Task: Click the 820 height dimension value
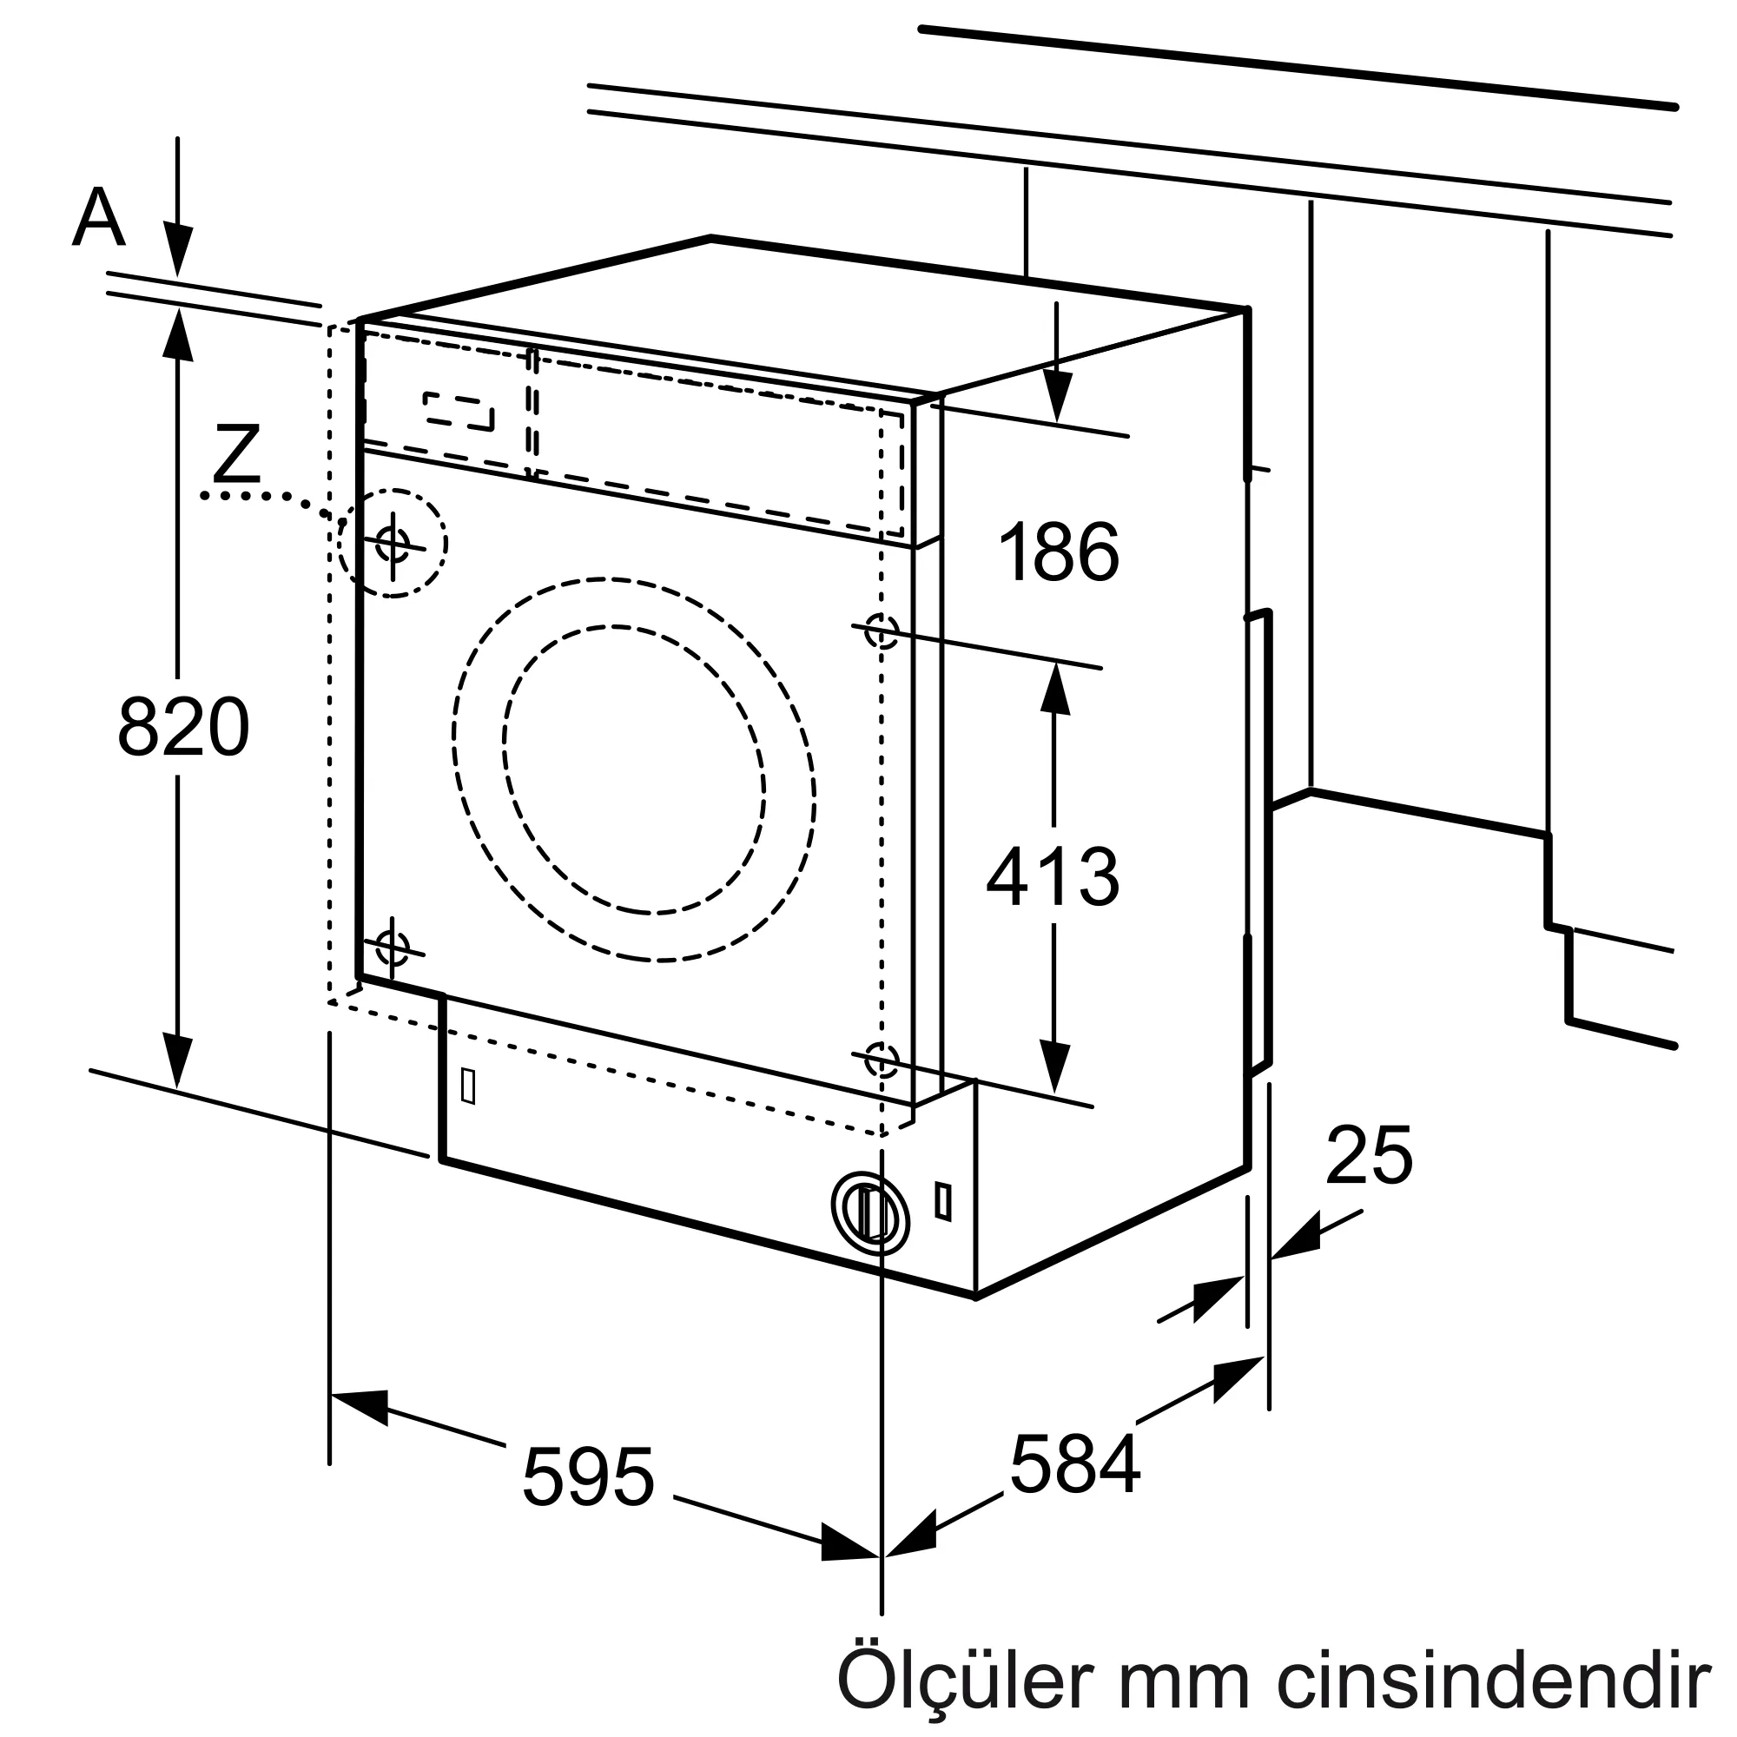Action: click(183, 726)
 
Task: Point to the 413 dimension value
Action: click(1053, 876)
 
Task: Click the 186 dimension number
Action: click(1059, 552)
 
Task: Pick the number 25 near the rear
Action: click(1369, 1155)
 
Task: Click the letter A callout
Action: click(98, 218)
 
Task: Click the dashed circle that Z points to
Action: click(393, 543)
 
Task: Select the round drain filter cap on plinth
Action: click(869, 1212)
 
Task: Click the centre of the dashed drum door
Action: click(634, 769)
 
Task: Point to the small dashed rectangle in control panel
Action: click(459, 411)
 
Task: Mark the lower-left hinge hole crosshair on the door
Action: click(392, 947)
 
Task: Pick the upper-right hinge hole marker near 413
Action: click(881, 631)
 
